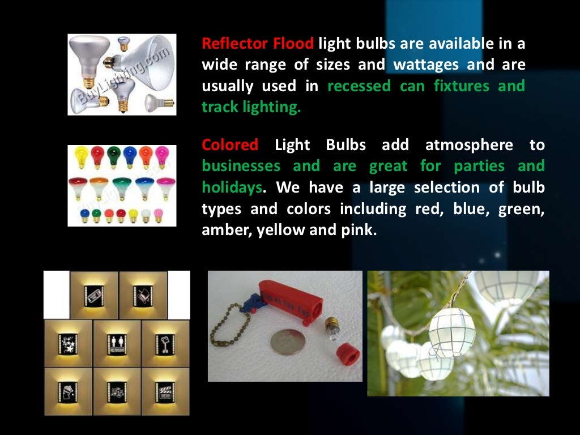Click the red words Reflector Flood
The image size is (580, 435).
click(x=258, y=44)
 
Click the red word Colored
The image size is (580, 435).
click(x=230, y=145)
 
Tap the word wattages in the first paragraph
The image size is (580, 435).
click(x=426, y=65)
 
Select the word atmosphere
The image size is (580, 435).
click(x=469, y=145)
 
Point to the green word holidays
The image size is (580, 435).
click(x=232, y=187)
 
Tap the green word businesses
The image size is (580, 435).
click(x=241, y=167)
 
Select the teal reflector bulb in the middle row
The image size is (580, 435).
click(x=121, y=187)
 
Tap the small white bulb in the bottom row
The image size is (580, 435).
click(x=146, y=215)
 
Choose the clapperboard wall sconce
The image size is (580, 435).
click(x=164, y=391)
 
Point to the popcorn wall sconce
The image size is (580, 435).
click(x=68, y=391)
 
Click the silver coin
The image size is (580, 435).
click(x=287, y=342)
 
